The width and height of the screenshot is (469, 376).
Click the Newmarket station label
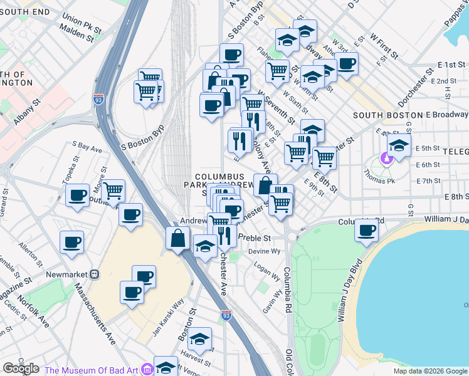[x=66, y=274]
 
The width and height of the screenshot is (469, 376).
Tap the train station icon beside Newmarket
[x=95, y=274]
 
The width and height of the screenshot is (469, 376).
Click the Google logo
[x=21, y=368]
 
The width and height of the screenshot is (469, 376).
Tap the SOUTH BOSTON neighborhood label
[x=380, y=115]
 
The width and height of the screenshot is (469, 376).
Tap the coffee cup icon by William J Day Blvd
[x=367, y=229]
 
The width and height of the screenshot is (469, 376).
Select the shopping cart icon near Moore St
[x=113, y=191]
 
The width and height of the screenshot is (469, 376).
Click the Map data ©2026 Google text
[x=429, y=371]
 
